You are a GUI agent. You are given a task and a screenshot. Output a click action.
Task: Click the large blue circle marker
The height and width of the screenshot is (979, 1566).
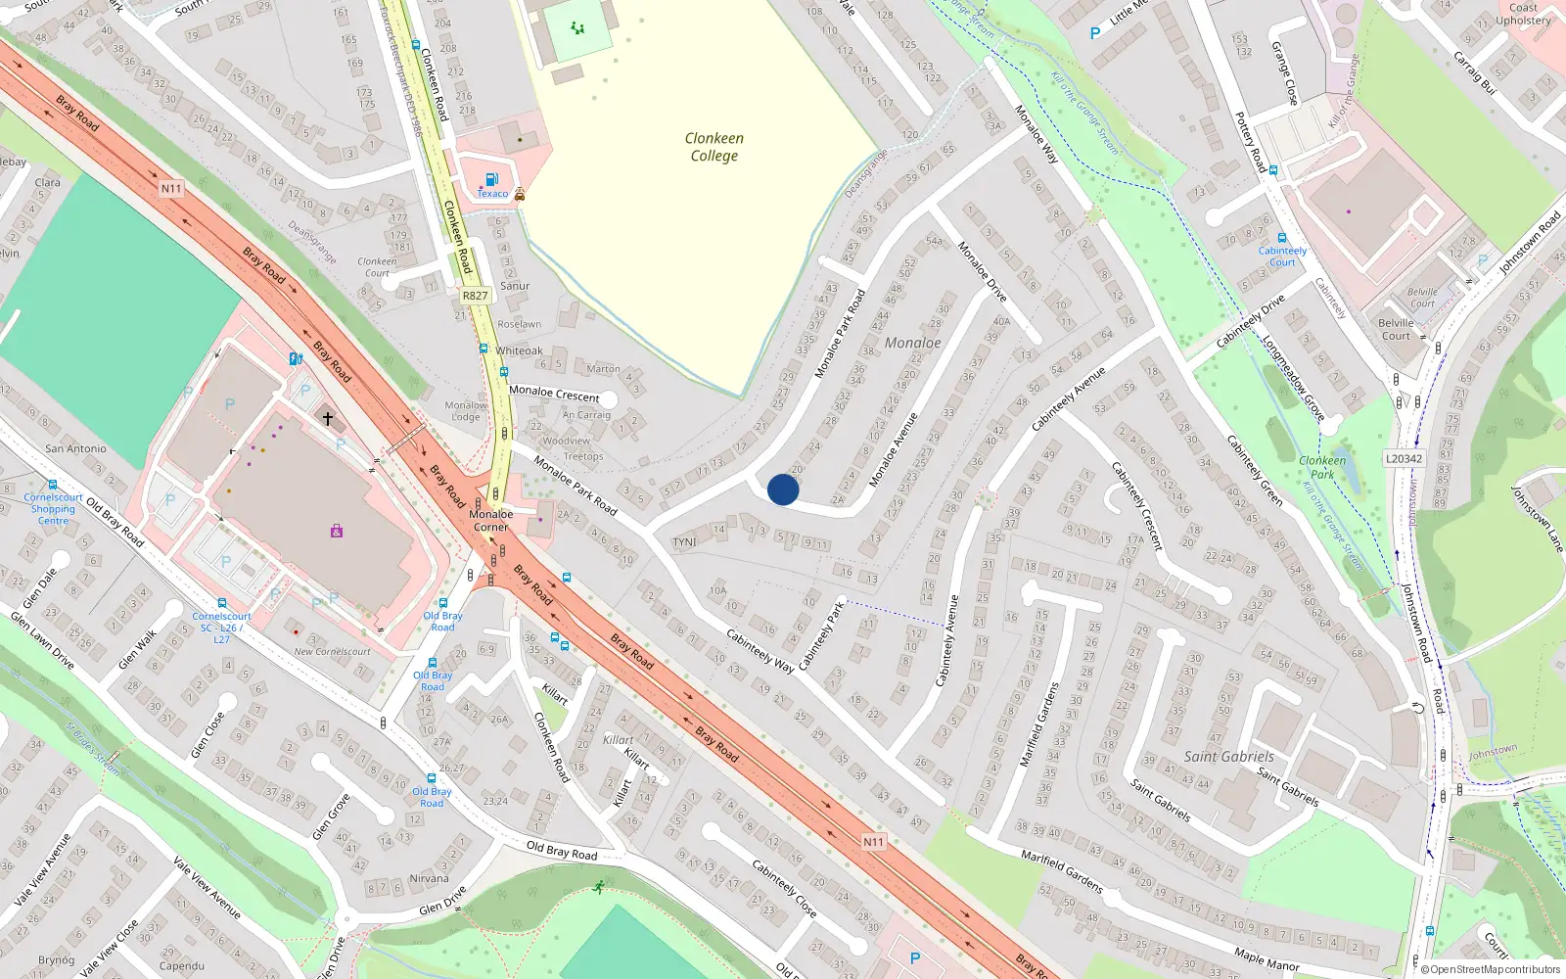point(783,489)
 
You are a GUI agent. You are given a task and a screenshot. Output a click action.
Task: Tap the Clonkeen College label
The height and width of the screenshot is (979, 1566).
point(714,147)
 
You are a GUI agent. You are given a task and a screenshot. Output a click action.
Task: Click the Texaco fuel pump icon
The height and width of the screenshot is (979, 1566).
point(492,179)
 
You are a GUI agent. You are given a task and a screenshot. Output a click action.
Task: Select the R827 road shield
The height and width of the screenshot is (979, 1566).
point(475,295)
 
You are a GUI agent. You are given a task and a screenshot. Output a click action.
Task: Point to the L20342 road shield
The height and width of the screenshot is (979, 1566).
point(1404,458)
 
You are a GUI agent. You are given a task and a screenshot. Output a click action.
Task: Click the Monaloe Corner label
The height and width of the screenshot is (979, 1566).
point(491,520)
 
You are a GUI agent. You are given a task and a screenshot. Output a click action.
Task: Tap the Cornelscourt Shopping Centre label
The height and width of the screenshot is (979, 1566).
point(53,509)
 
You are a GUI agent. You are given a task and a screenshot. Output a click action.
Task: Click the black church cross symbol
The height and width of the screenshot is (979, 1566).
point(328,418)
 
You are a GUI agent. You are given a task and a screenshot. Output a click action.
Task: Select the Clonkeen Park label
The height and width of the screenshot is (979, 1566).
point(1322,467)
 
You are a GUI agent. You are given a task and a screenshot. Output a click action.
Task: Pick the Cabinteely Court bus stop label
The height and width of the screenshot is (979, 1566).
point(1282,256)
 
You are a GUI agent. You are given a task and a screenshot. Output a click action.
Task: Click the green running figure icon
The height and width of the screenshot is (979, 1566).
point(598,887)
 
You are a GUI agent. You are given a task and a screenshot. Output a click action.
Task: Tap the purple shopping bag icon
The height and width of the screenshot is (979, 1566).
point(337,531)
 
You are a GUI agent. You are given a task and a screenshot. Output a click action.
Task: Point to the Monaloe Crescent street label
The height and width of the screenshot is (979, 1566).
point(554,393)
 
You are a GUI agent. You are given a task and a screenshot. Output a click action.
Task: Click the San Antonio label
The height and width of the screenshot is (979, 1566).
point(75,448)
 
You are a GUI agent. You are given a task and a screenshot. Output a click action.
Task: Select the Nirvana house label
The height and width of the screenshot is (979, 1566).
point(429,878)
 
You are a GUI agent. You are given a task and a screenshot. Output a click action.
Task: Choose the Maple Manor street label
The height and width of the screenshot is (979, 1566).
point(1267,959)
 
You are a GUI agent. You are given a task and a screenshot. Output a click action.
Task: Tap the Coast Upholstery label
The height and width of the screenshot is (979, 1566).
point(1523,14)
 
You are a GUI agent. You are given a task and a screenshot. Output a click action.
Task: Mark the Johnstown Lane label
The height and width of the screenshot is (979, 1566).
point(1537,519)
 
